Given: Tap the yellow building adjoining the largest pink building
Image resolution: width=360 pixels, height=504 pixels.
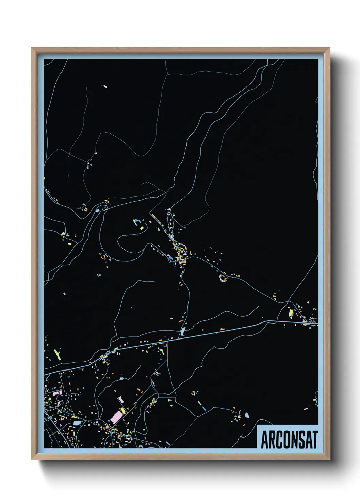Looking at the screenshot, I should click(x=122, y=410).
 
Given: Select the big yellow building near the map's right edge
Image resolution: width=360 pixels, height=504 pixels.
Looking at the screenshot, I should click(x=291, y=312).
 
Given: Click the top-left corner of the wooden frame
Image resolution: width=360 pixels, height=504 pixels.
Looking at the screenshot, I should click(x=32, y=48).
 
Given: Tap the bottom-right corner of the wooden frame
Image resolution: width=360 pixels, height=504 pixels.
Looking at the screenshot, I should click(x=329, y=459).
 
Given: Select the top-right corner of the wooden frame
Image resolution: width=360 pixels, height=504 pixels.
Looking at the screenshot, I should click(x=329, y=48).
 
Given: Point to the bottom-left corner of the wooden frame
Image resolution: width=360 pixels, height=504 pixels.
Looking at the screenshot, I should click(x=32, y=459).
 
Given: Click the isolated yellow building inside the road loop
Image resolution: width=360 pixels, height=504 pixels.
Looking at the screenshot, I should click(x=141, y=227).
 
